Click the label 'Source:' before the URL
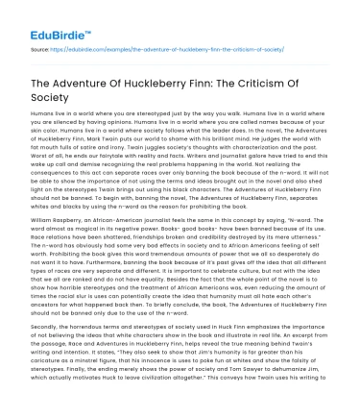point(38,45)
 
